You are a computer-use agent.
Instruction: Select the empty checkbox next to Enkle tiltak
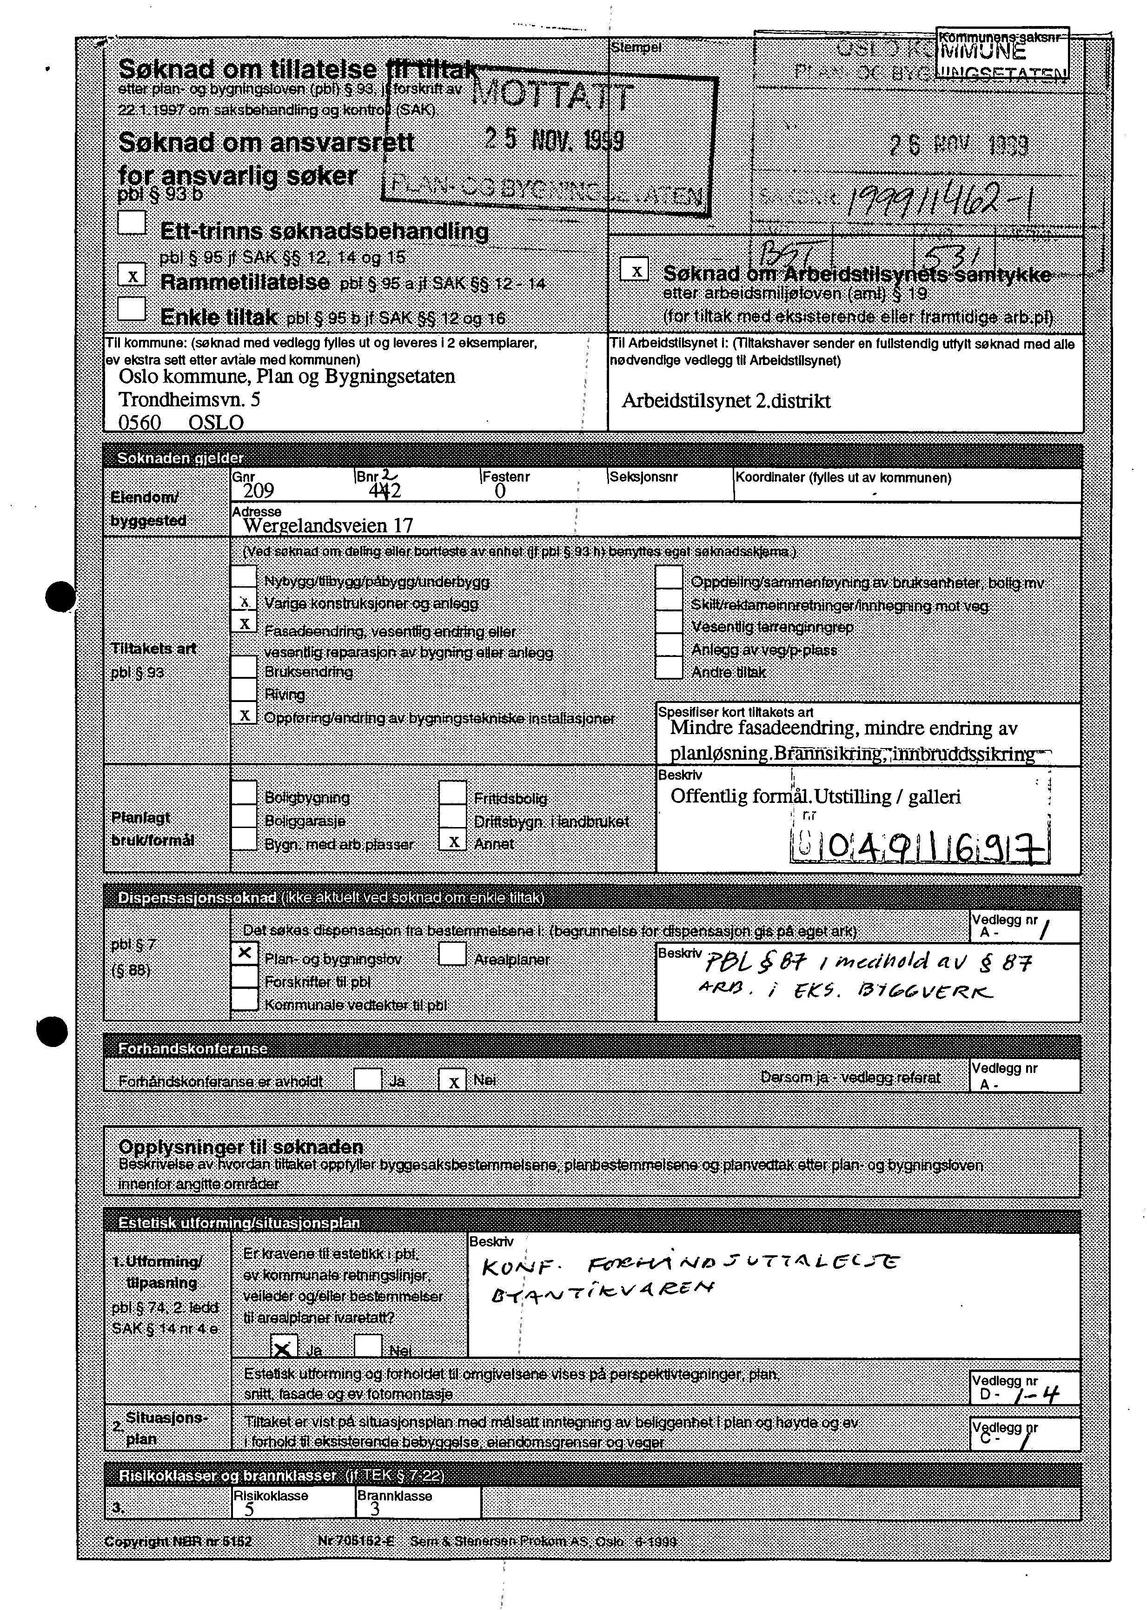132,309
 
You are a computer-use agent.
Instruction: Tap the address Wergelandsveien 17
328,525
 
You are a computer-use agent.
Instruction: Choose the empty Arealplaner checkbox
453,954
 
